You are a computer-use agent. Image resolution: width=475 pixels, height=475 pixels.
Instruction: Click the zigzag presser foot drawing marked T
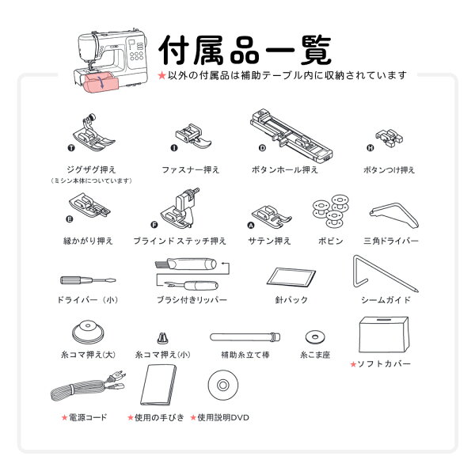coord(93,133)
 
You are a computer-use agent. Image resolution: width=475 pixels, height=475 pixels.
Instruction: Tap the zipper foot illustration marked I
coord(192,135)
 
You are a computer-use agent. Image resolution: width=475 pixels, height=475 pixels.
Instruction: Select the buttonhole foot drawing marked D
coord(291,135)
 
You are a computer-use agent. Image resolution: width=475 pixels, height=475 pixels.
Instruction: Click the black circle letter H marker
coord(370,148)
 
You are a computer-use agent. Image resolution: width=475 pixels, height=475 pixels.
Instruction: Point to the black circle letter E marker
coord(70,219)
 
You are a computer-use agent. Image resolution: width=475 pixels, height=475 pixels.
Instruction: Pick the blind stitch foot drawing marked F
coord(180,208)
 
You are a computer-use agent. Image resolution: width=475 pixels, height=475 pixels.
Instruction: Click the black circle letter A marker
coord(251,225)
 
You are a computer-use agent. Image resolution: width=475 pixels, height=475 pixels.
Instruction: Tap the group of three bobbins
coord(331,211)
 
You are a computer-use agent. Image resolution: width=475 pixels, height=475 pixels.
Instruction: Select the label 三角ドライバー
coord(391,241)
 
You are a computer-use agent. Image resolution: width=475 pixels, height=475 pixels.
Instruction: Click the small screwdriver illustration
coord(88,280)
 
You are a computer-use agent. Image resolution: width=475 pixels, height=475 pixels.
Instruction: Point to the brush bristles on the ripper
coord(161,264)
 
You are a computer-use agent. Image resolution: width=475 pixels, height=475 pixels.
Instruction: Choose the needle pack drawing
coord(291,278)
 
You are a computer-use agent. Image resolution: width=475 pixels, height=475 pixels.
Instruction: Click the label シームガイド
coord(386,300)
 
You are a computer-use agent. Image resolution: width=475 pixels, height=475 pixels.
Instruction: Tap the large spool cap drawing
coord(88,332)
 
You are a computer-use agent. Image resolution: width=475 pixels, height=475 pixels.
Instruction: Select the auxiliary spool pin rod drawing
coord(245,337)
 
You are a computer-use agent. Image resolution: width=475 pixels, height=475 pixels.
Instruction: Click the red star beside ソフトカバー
coord(353,364)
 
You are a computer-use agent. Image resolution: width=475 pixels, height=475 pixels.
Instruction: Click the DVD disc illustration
coord(223,385)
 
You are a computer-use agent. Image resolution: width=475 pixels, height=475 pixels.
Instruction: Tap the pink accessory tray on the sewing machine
coord(101,83)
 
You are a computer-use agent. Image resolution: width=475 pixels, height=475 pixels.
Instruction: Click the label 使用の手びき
coord(159,418)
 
